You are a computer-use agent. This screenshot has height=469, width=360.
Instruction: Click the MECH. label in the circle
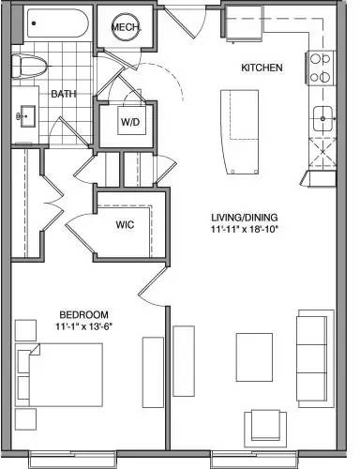(x=126, y=28)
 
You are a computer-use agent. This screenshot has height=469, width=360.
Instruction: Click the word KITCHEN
(x=260, y=68)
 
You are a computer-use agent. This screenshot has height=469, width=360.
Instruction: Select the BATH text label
(x=63, y=95)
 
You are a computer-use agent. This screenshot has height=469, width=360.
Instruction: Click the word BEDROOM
(x=84, y=313)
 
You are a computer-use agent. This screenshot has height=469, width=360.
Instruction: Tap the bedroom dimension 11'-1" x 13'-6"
(x=84, y=326)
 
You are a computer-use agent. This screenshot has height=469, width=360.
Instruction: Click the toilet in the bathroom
(x=28, y=66)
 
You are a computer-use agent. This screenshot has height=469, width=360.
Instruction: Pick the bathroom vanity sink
(x=25, y=115)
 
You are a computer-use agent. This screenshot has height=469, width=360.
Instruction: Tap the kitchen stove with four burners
(x=321, y=67)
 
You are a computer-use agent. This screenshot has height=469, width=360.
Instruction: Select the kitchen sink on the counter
(x=323, y=116)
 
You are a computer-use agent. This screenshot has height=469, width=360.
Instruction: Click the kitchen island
(x=236, y=131)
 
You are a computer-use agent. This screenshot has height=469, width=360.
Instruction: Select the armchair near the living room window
(x=262, y=426)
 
